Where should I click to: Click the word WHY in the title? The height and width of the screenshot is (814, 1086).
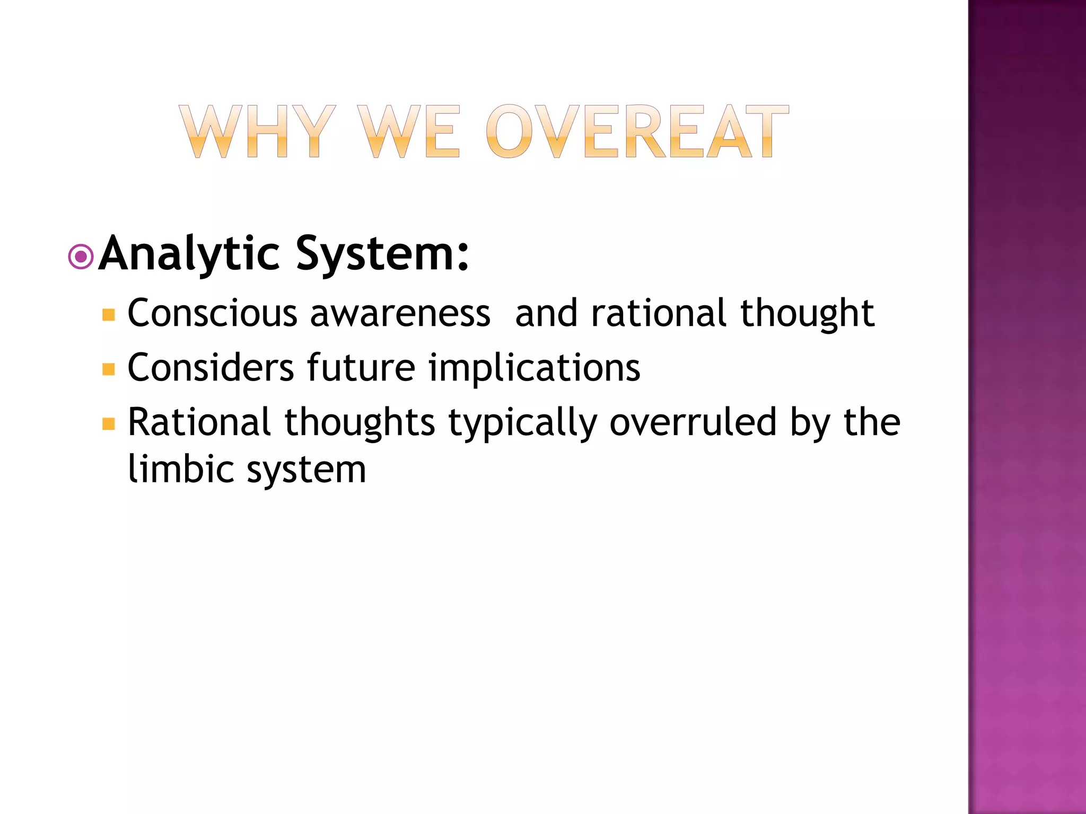[x=257, y=131]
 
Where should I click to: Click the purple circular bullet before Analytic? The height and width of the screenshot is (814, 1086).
[x=81, y=257]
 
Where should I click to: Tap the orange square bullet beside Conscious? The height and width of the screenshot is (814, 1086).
[x=109, y=315]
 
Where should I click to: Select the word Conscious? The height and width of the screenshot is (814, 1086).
[x=213, y=313]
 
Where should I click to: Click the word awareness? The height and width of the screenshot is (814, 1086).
[x=400, y=313]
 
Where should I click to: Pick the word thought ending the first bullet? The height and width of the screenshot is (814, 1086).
[x=807, y=313]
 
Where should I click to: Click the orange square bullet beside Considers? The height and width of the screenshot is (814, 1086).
[x=109, y=369]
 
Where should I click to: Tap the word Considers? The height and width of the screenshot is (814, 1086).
[x=211, y=368]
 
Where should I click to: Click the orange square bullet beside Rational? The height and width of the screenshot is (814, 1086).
[x=109, y=424]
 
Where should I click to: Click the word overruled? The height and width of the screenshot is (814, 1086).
[x=693, y=422]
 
